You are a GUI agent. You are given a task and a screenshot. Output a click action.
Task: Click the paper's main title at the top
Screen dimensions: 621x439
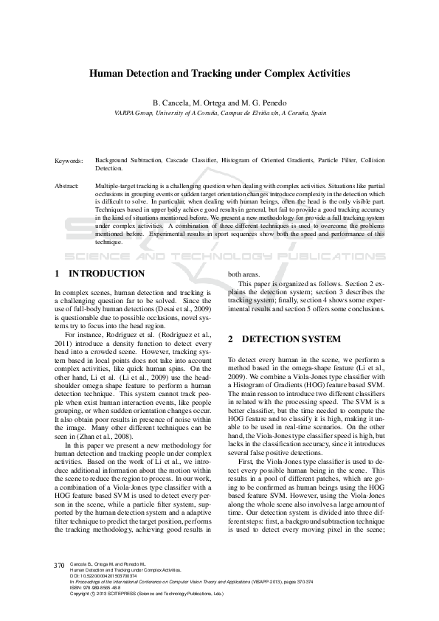coord(219,74)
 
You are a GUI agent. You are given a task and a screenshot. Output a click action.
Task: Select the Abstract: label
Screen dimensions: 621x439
coord(67,187)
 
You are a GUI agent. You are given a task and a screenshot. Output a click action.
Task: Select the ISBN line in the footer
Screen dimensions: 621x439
coord(97,588)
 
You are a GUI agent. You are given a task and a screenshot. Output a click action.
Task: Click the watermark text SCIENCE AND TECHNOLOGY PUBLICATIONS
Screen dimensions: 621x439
coord(219,258)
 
